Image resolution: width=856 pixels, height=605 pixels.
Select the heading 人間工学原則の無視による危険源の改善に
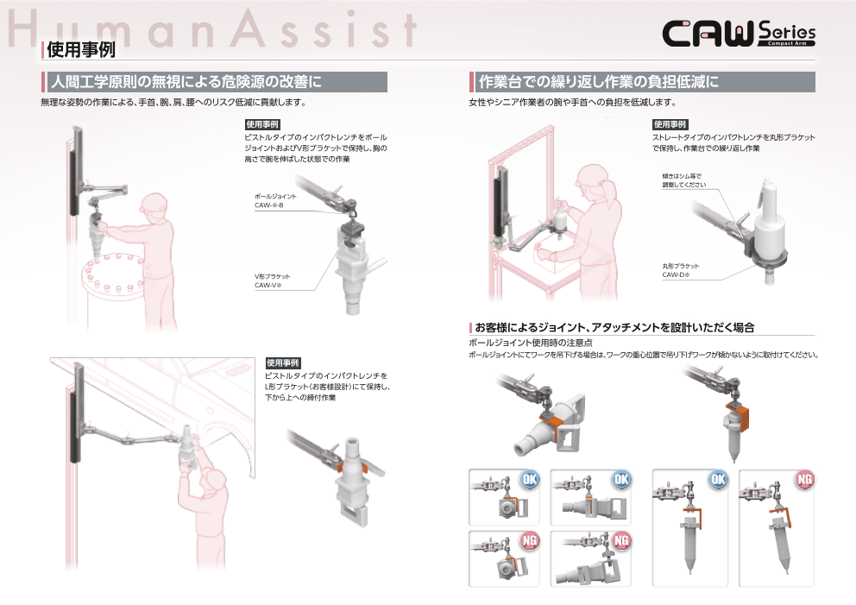tap(186, 82)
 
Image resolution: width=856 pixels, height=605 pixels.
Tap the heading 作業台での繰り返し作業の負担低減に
tap(599, 82)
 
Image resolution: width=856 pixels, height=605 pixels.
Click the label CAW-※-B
tap(274, 205)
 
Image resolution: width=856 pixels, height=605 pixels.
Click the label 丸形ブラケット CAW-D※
tap(683, 270)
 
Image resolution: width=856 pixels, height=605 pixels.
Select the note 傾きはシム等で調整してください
tap(683, 180)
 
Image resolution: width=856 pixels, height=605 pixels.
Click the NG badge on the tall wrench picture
tap(804, 480)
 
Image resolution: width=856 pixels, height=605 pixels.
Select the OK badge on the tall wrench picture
tap(718, 480)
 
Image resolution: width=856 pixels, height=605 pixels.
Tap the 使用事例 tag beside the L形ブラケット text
tap(283, 362)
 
